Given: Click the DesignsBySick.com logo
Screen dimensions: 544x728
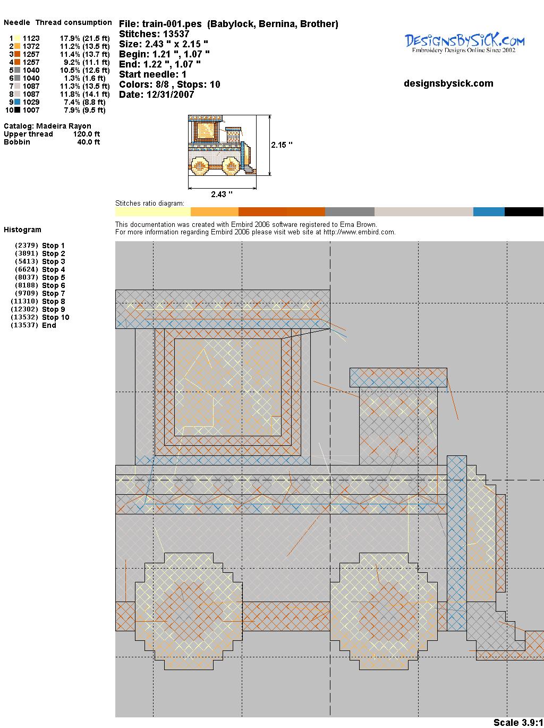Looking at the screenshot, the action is point(464,43).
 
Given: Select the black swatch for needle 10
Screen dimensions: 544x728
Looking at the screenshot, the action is point(17,110).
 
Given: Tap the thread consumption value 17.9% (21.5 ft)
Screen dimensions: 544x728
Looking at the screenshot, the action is point(85,38).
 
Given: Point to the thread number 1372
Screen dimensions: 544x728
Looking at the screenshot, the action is point(31,46).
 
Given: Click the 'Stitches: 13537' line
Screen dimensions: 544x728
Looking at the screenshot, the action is point(154,34).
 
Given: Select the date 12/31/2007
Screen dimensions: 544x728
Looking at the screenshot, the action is point(171,95).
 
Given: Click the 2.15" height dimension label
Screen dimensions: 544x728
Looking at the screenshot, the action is point(282,145).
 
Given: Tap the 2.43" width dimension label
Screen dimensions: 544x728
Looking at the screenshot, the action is point(222,194).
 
